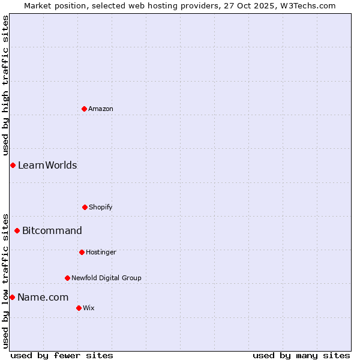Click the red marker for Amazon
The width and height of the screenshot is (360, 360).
click(84, 109)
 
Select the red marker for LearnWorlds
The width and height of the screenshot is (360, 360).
click(13, 165)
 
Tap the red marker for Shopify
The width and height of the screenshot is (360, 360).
click(85, 207)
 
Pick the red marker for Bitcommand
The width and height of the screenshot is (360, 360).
click(17, 230)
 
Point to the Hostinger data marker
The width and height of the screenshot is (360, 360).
click(82, 252)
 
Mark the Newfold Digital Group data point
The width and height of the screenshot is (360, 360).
click(67, 278)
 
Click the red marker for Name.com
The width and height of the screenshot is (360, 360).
click(12, 297)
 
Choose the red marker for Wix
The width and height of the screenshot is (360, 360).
click(79, 308)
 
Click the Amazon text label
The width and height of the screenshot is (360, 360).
click(101, 109)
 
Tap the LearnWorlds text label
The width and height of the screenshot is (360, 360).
click(47, 165)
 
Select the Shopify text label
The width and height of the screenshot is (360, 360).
click(101, 207)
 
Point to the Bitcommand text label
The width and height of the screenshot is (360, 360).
click(52, 230)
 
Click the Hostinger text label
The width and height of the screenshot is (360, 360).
click(101, 252)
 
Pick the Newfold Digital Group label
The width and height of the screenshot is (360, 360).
click(106, 278)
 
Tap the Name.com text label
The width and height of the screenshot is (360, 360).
click(43, 297)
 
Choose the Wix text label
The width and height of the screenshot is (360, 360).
click(89, 308)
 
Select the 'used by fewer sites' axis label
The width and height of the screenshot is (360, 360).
click(62, 355)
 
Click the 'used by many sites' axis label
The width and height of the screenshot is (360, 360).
click(301, 355)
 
